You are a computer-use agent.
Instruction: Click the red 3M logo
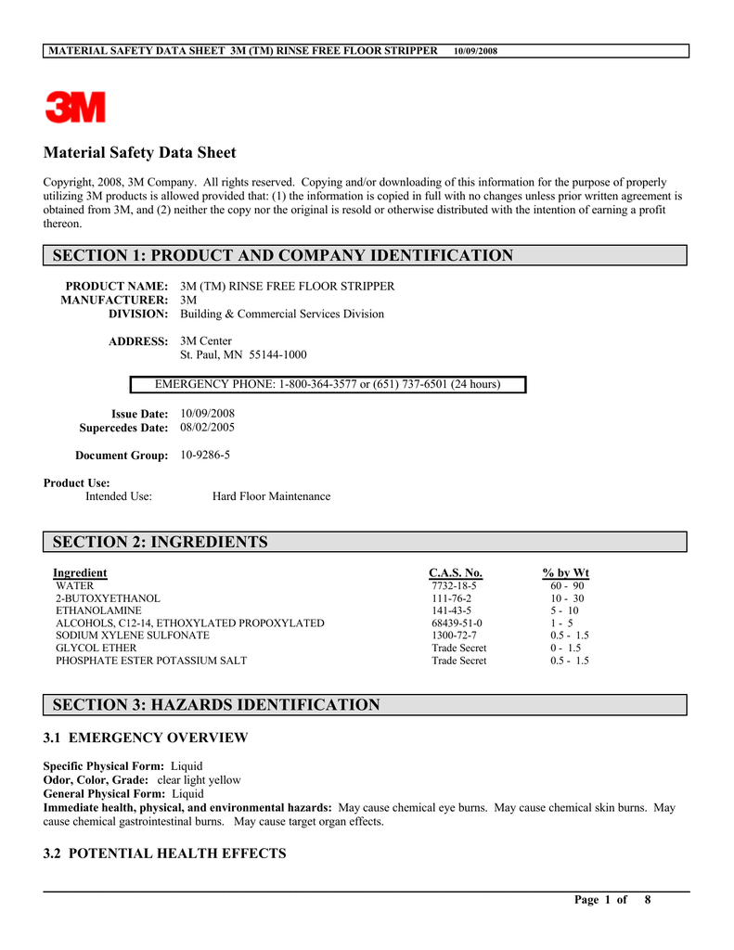click(76, 107)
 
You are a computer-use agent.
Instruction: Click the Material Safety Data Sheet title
click(140, 153)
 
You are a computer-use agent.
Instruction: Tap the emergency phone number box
click(327, 384)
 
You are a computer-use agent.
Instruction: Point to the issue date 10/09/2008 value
click(207, 413)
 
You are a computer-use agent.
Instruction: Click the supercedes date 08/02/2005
click(207, 428)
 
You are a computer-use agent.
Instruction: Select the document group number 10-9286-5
click(205, 456)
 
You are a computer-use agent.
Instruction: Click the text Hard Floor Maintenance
click(271, 496)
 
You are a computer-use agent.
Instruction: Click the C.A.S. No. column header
click(455, 572)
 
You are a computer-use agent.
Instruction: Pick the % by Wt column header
click(565, 572)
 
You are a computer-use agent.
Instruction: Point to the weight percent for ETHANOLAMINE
click(564, 610)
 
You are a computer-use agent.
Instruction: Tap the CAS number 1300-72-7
click(454, 635)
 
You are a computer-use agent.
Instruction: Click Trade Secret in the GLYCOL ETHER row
click(458, 648)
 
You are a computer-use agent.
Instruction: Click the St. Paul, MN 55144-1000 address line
click(243, 354)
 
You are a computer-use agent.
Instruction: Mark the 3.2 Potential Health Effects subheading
click(165, 854)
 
